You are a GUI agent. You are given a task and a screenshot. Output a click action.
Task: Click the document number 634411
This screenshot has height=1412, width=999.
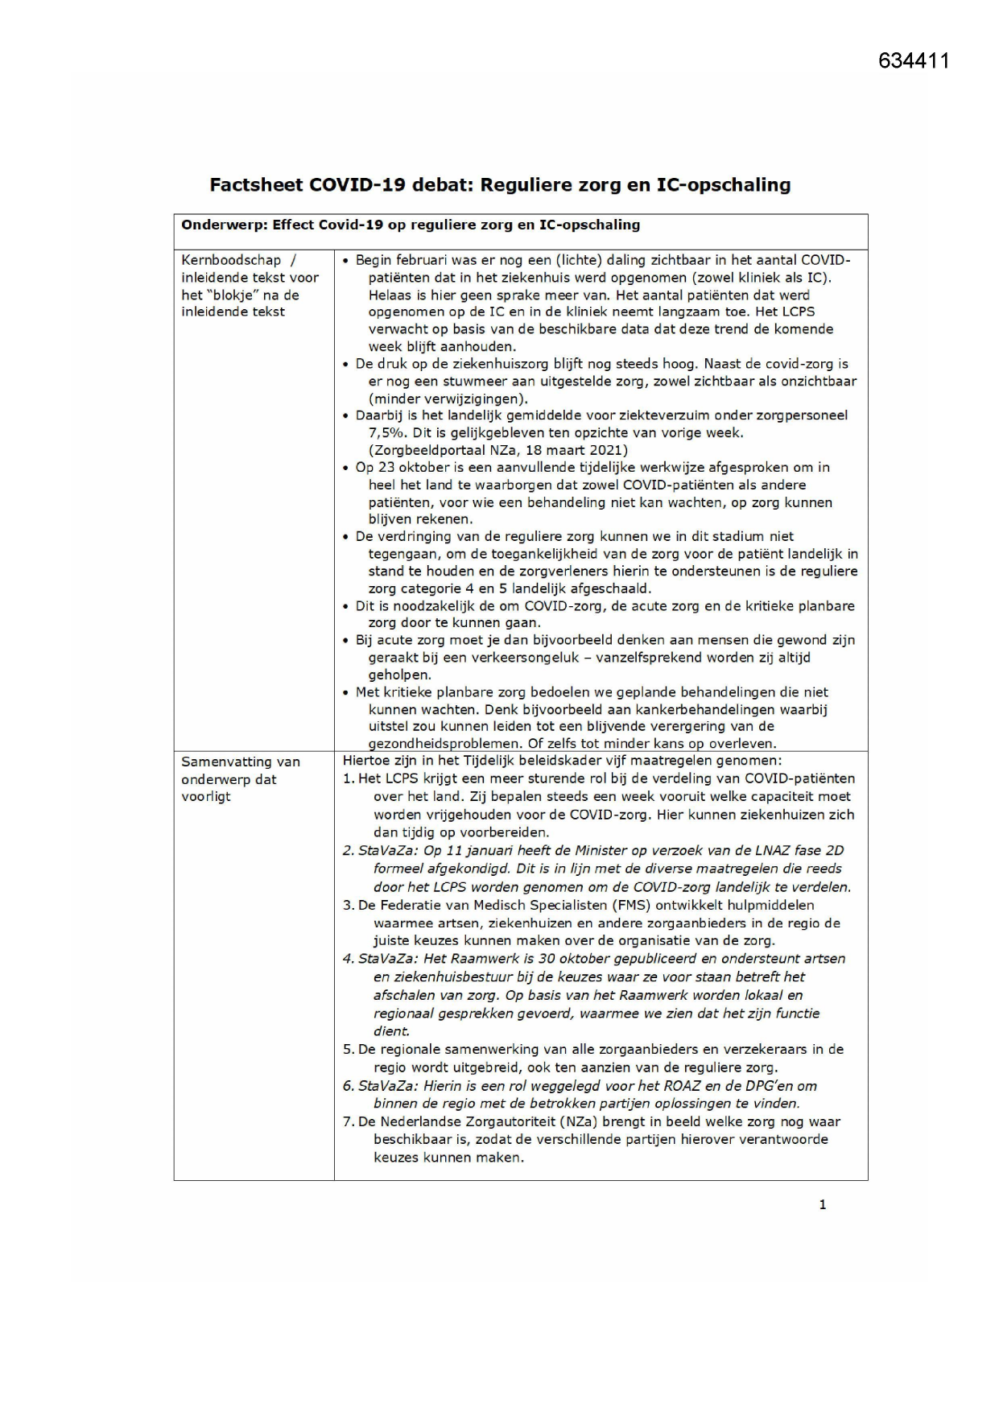point(914,61)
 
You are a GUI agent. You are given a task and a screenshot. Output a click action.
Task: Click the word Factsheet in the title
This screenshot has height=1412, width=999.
point(255,185)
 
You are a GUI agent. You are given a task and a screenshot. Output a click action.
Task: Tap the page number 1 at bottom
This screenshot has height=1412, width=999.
point(822,1204)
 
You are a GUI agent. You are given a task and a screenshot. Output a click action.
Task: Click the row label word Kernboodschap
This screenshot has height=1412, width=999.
point(231,260)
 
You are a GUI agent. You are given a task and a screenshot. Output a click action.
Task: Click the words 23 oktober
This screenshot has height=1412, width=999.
point(408,468)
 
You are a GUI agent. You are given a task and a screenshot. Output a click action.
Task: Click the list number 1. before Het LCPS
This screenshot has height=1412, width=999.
point(349,778)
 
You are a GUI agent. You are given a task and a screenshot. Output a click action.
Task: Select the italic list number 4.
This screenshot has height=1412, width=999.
point(349,959)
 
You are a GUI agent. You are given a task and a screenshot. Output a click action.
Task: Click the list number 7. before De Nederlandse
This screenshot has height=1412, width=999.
point(349,1121)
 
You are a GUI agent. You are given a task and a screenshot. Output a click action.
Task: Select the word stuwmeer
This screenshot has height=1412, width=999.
point(444,382)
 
